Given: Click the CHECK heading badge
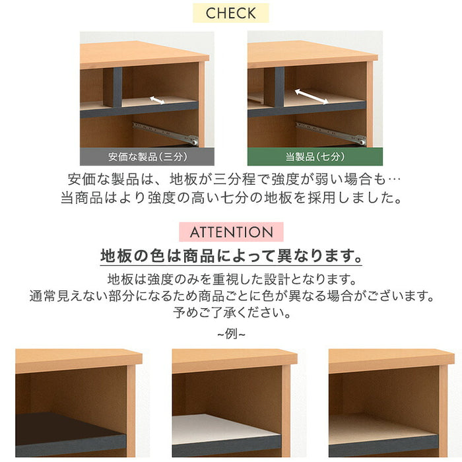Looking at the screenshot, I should tap(231, 13).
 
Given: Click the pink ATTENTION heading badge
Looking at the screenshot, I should tap(231, 232).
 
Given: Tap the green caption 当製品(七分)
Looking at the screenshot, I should tap(315, 157).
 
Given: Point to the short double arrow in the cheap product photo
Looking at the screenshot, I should tap(157, 100).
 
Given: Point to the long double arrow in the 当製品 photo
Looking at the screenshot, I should tap(310, 97).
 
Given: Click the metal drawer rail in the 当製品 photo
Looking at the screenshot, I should tap(331, 133).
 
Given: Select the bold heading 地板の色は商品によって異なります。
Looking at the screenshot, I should tap(231, 255).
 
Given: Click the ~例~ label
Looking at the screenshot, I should tap(231, 334).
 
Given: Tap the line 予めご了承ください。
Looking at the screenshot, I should tap(231, 312).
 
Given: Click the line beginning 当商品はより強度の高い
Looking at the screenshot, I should tap(231, 197).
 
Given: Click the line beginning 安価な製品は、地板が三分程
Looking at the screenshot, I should tap(231, 179).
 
